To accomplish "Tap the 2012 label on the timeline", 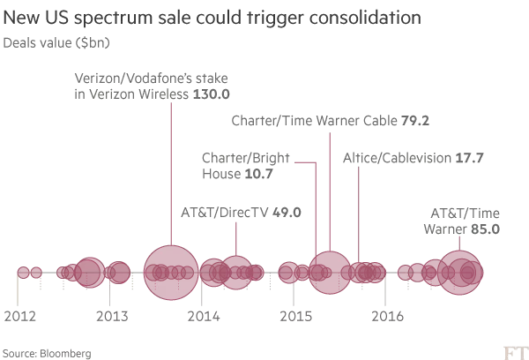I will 20,315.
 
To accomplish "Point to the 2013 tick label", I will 110,315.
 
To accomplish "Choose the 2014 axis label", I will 203,315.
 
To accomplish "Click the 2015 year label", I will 294,315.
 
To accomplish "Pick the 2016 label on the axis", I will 387,315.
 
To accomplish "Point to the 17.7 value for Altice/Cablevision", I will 467,160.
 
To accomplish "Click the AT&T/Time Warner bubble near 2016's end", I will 460,271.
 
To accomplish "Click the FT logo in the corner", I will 513,350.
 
